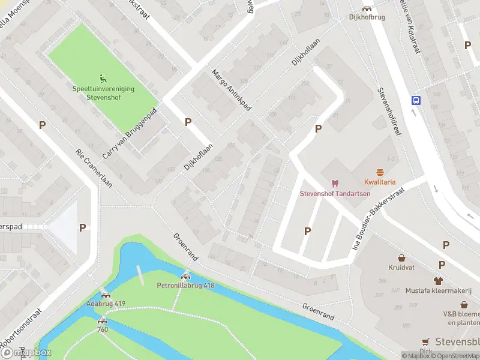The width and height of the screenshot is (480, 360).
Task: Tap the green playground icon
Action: point(103,77)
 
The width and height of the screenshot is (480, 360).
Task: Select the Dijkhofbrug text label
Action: point(366,17)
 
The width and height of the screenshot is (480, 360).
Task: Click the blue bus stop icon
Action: point(415,101)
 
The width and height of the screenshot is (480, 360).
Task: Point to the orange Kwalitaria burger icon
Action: point(379,172)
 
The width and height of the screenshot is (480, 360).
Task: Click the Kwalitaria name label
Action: point(379,182)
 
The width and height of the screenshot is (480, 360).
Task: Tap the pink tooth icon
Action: point(335,183)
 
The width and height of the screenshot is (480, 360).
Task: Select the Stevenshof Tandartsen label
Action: point(335,193)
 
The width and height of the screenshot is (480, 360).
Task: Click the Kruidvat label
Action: point(398,267)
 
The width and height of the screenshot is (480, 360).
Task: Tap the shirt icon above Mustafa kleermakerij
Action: point(438,280)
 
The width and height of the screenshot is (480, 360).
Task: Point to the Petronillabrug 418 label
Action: point(185,286)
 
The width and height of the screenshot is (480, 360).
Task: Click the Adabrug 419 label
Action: point(106,304)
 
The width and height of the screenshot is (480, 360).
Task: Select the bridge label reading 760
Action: point(103,329)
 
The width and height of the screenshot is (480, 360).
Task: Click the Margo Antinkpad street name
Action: point(230,89)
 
